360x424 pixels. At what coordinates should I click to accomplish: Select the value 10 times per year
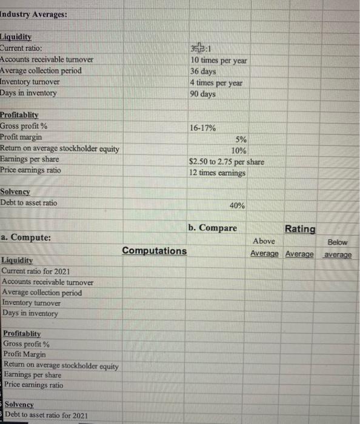point(218,61)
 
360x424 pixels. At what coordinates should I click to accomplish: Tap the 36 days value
point(203,71)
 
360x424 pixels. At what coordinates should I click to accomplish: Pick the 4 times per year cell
point(216,82)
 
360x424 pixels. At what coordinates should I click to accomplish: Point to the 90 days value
point(203,93)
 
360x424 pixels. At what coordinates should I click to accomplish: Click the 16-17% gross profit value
point(205,128)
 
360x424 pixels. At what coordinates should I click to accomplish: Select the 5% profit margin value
point(239,139)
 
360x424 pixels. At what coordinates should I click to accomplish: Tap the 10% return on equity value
point(238,150)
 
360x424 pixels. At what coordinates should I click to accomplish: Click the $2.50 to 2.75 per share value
point(226,162)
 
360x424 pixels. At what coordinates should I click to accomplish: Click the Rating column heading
point(300,229)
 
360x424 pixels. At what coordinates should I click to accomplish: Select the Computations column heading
point(155,251)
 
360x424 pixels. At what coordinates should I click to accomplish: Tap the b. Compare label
point(213,228)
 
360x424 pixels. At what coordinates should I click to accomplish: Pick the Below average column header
point(337,248)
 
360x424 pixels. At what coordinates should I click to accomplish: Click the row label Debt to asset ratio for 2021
point(47,415)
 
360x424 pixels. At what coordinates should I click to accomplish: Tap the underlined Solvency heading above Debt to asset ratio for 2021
point(19,404)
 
